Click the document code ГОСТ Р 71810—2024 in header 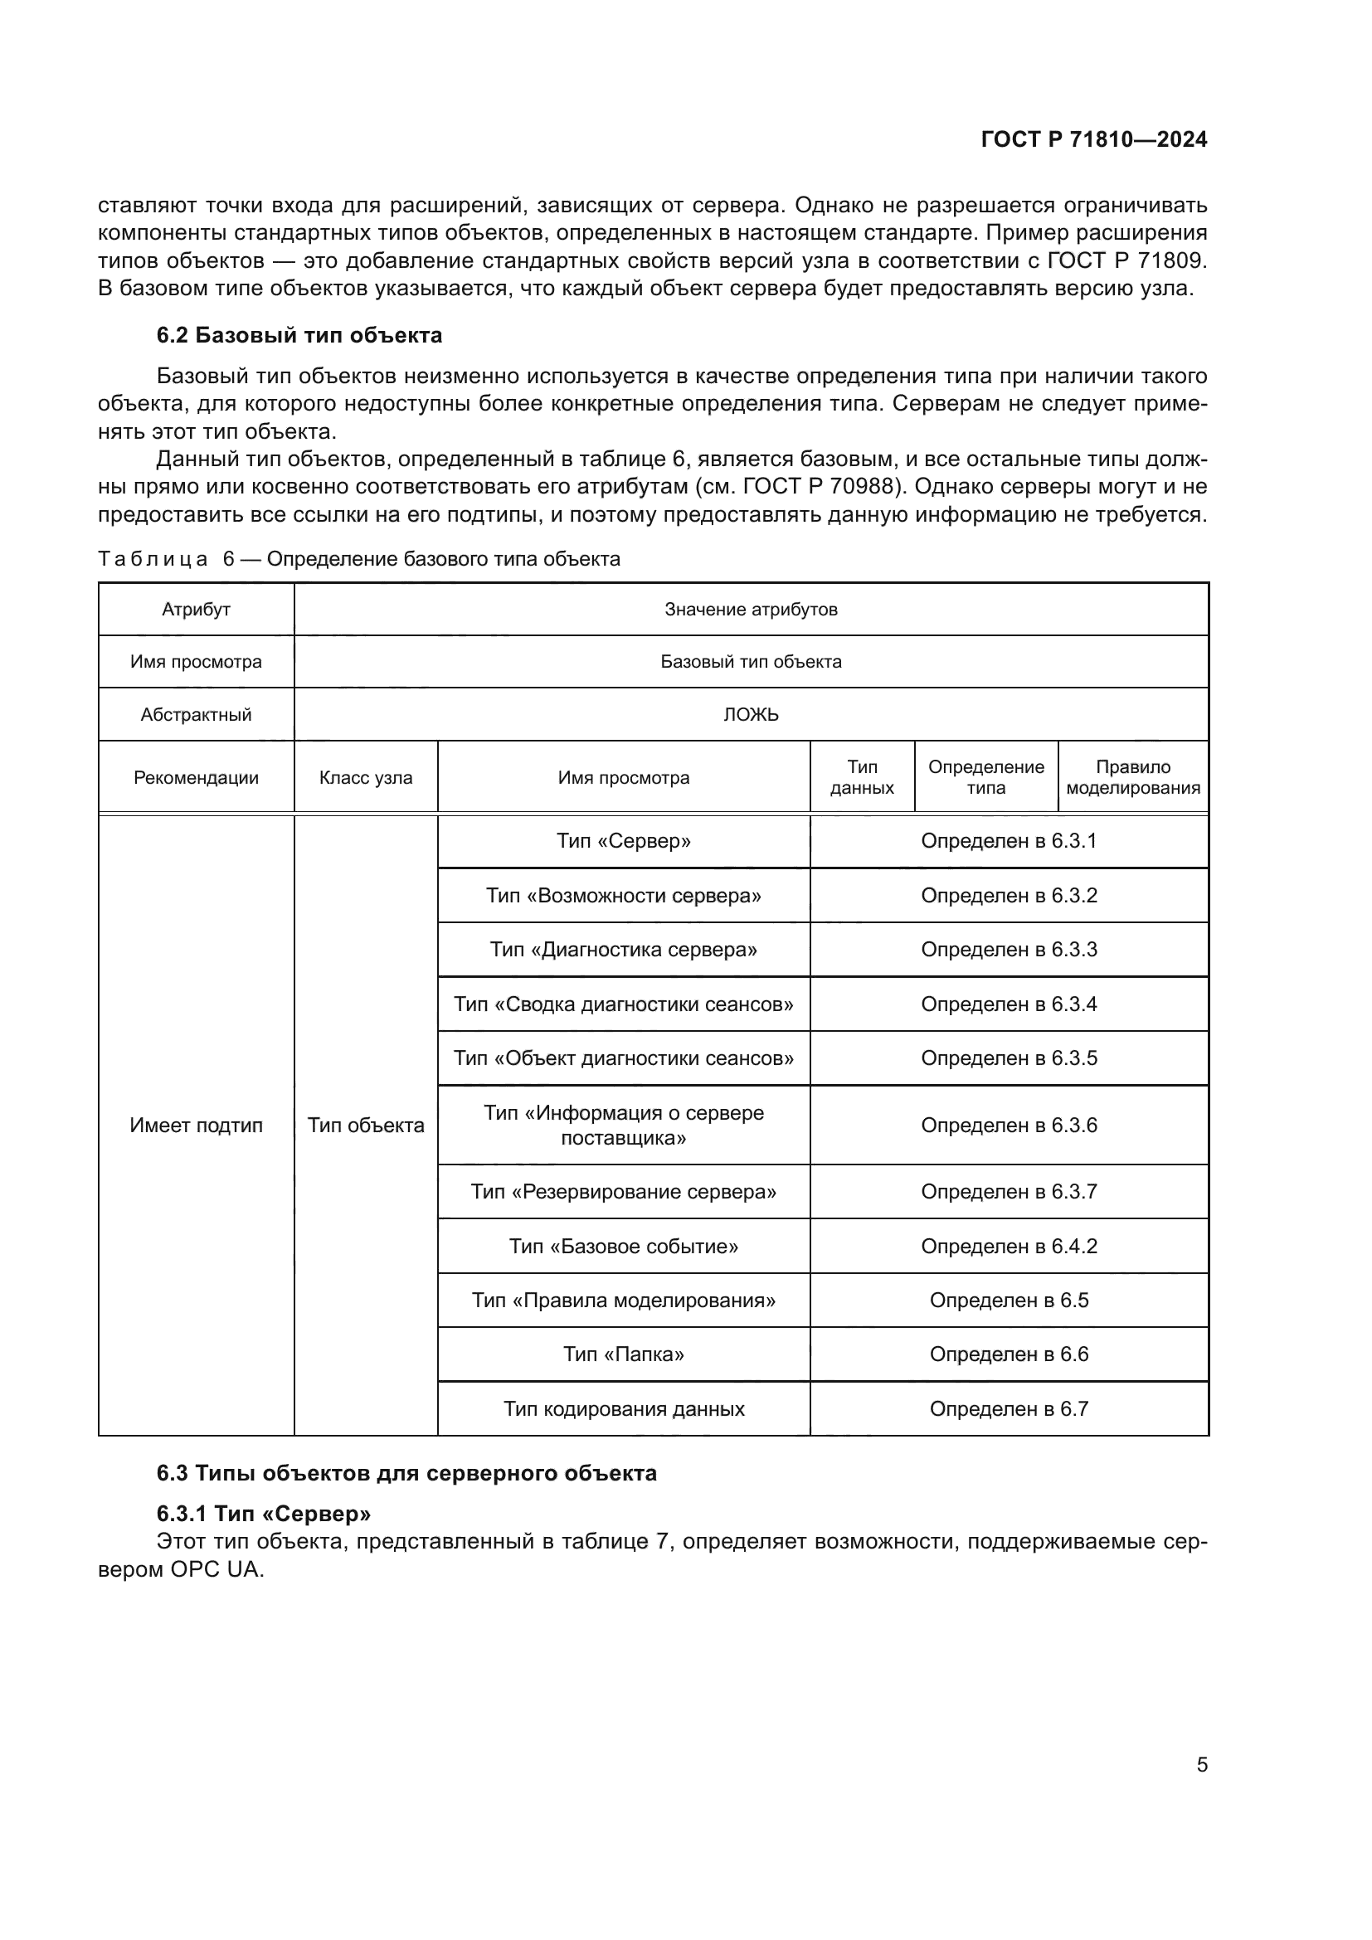tap(1094, 139)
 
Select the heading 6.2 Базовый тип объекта tap(299, 335)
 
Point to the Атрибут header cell tap(196, 610)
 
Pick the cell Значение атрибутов tap(750, 610)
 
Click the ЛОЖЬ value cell tap(750, 715)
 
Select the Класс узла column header tap(366, 777)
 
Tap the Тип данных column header tap(862, 777)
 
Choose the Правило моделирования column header tap(1133, 777)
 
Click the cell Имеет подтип tap(196, 1126)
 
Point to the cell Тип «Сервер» tap(624, 842)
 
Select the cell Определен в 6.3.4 tap(1009, 1004)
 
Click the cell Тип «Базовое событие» tap(624, 1247)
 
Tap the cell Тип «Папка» tap(624, 1354)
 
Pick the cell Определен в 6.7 tap(1009, 1408)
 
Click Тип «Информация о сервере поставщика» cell tap(624, 1126)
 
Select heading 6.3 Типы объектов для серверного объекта tap(406, 1474)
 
